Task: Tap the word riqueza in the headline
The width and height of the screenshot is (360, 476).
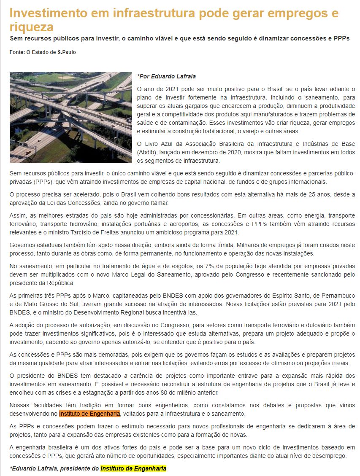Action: tap(31, 27)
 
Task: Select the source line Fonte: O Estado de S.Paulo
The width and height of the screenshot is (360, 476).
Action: tap(43, 52)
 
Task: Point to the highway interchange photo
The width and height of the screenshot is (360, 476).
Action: tap(70, 117)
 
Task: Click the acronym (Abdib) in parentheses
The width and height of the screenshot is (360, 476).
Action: tap(148, 152)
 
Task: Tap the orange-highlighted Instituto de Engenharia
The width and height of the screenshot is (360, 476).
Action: tap(89, 414)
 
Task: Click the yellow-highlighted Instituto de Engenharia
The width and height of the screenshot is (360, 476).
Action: tap(133, 468)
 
